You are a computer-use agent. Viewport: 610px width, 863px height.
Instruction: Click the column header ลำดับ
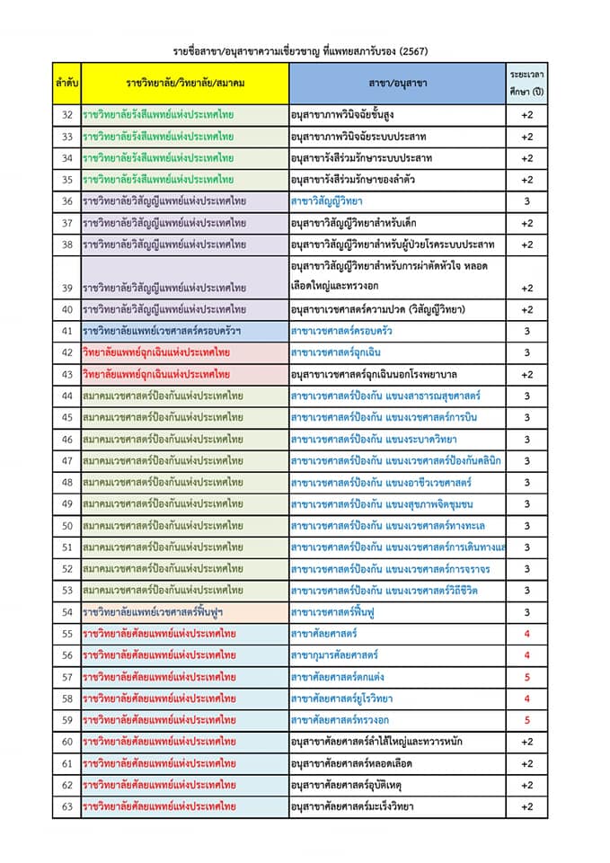click(66, 83)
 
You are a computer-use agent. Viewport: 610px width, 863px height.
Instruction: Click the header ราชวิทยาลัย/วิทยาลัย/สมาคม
click(185, 83)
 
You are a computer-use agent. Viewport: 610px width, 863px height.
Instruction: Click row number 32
click(66, 115)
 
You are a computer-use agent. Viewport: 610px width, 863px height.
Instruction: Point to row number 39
click(66, 288)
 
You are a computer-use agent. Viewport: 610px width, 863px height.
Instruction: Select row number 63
click(66, 807)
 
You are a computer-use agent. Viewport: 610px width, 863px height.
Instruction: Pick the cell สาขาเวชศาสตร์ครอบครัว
click(341, 332)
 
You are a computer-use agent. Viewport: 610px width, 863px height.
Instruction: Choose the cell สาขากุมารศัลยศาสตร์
click(334, 655)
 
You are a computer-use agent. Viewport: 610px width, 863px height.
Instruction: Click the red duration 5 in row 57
click(527, 677)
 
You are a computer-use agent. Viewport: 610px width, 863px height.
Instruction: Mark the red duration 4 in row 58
click(527, 698)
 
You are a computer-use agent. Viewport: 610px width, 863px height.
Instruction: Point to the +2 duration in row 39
click(527, 288)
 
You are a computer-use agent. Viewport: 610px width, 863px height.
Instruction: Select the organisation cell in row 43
click(157, 375)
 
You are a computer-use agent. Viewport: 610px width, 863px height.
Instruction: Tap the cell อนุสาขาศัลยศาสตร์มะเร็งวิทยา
click(352, 807)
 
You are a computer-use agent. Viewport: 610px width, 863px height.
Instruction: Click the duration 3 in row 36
click(527, 201)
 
